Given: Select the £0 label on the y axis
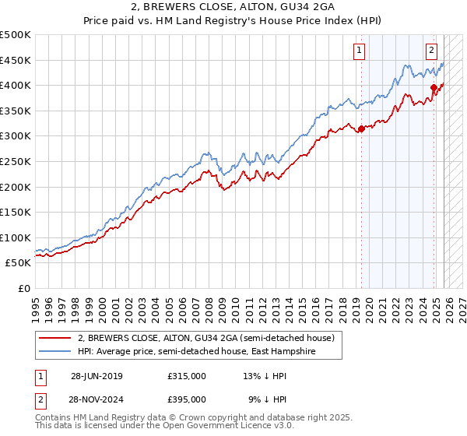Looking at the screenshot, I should point(23,288).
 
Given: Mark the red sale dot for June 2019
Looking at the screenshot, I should point(361,128).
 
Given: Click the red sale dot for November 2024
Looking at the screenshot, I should point(434,87).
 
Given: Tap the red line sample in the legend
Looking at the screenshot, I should point(55,338).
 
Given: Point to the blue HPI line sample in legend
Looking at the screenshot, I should point(55,352).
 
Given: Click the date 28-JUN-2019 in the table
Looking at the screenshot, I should point(97,375).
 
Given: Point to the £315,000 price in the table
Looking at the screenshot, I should point(186,375).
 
